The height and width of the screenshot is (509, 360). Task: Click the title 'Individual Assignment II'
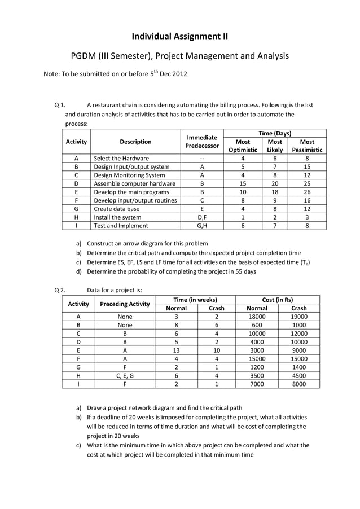pos(180,37)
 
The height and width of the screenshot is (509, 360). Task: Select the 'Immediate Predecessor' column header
pos(202,142)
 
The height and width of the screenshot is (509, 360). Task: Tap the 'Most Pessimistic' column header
pos(308,146)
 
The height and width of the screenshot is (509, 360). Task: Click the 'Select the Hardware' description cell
pos(121,158)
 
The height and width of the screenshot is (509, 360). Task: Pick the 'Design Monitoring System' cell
pos(129,175)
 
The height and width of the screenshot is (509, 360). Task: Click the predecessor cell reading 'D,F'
pos(202,217)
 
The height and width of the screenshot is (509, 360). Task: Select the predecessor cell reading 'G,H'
pos(202,226)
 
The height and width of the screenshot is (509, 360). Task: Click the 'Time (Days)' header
pos(275,133)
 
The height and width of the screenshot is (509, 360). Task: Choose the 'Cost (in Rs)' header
pos(278,300)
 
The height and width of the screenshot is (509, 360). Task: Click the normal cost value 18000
pos(257,317)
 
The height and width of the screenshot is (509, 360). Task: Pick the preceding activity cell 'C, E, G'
pos(125,374)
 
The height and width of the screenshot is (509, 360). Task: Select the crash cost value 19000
pos(298,317)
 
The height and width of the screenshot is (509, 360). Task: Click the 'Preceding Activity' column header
pos(125,304)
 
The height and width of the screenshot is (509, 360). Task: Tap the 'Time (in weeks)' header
pos(195,300)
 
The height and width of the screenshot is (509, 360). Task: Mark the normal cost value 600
pos(257,325)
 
